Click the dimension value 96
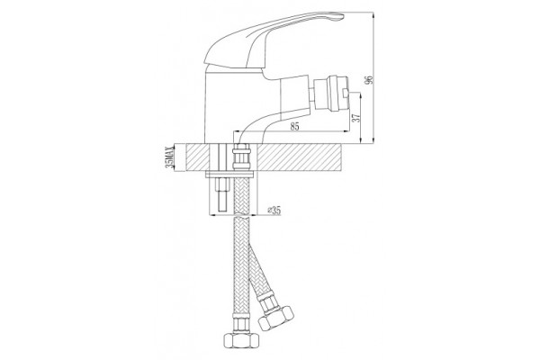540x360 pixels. pos(370,79)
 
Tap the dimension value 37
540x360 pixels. pos(356,116)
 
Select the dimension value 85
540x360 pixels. pos(294,126)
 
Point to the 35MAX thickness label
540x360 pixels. pos(169,157)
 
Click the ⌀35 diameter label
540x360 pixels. pos(274,210)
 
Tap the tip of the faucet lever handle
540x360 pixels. pos(343,15)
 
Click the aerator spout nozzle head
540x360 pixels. pos(333,93)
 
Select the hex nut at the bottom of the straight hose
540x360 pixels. pos(240,341)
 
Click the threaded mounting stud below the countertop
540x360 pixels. pos(221,195)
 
